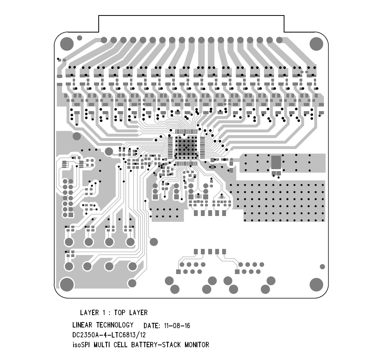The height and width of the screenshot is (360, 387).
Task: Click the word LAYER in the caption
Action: click(x=89, y=313)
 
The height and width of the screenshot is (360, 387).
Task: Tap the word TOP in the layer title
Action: click(x=120, y=313)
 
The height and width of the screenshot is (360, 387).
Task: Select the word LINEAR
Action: click(x=82, y=325)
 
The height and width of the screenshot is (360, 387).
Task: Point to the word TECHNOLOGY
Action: click(x=115, y=325)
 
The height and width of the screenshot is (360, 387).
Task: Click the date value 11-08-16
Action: click(x=177, y=326)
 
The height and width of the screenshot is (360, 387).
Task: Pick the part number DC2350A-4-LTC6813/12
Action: click(x=109, y=335)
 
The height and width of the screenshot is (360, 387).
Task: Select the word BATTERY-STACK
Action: click(x=156, y=345)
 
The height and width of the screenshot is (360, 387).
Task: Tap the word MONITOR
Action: click(x=197, y=345)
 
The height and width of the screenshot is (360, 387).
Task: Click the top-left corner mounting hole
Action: click(x=67, y=44)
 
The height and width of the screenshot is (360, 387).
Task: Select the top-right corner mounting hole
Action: click(x=316, y=44)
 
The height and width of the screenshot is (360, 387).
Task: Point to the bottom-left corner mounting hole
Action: click(x=67, y=284)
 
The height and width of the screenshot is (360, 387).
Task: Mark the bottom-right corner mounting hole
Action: click(x=316, y=284)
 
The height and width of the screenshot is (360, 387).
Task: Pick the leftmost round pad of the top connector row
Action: click(x=104, y=40)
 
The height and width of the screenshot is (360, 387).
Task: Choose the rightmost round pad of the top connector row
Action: click(x=279, y=40)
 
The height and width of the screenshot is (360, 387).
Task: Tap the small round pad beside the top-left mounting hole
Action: click(x=79, y=38)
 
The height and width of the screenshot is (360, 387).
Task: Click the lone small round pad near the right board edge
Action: click(x=322, y=267)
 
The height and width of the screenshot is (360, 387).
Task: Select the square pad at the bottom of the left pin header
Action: click(x=71, y=215)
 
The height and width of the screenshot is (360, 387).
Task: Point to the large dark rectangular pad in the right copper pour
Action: click(x=276, y=162)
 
